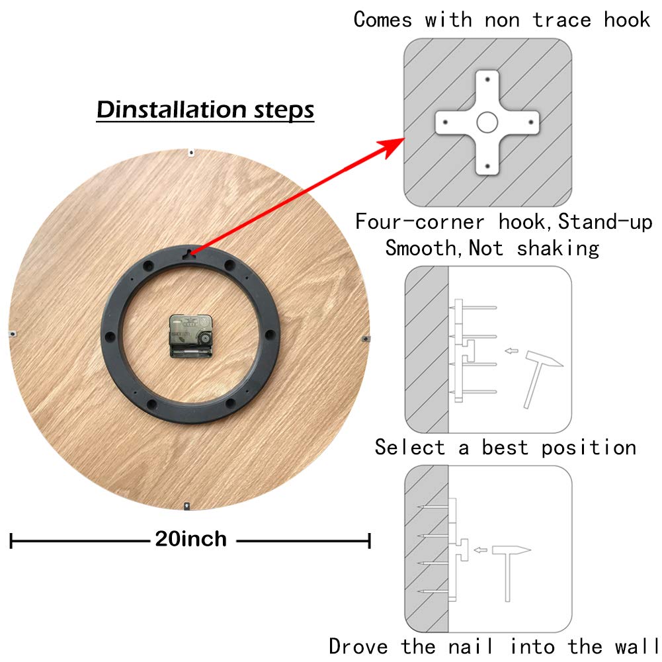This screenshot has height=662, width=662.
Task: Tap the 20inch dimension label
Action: pos(190,539)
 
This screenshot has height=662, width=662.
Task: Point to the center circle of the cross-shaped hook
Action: pos(487,122)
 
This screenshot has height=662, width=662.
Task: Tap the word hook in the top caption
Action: pos(627,20)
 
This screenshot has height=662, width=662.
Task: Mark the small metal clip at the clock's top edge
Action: pos(190,152)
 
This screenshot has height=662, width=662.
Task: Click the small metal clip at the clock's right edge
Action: pos(366,338)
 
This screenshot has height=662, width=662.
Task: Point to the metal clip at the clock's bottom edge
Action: pos(188,506)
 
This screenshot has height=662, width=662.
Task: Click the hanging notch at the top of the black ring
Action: pos(189,252)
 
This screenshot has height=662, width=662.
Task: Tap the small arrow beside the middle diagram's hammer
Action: pos(510,351)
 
